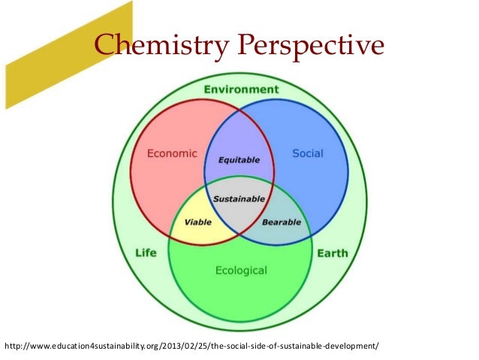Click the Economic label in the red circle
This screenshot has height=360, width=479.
coord(172,153)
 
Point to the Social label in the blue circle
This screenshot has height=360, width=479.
coord(307,153)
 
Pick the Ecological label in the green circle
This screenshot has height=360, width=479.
coord(241,269)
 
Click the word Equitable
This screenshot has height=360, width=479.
coord(239,160)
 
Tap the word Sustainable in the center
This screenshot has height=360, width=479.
coord(239,199)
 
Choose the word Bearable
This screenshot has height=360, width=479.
coord(281,222)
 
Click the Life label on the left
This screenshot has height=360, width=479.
coord(146,253)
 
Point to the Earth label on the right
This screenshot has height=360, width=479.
coord(332,253)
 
